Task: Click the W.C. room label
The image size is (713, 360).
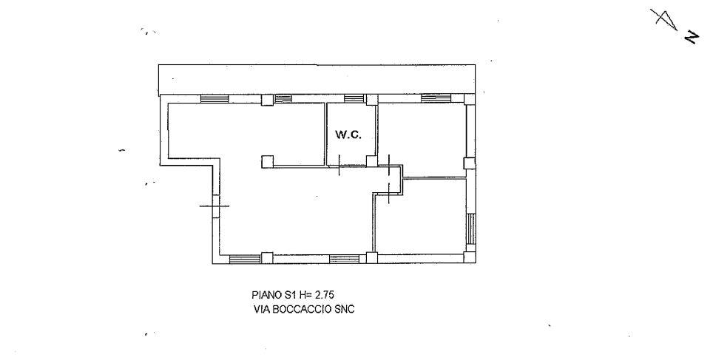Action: pyautogui.click(x=348, y=135)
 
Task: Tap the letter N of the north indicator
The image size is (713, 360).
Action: pyautogui.click(x=692, y=38)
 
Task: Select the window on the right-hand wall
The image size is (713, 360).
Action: pyautogui.click(x=471, y=229)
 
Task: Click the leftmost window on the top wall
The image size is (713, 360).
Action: pyautogui.click(x=214, y=99)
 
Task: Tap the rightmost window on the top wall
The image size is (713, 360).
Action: pyautogui.click(x=436, y=98)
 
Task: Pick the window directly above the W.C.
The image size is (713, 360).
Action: pyautogui.click(x=354, y=98)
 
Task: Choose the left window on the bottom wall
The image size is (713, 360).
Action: pyautogui.click(x=245, y=259)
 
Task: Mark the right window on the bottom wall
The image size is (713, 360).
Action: pyautogui.click(x=344, y=259)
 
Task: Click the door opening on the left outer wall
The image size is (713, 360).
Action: pyautogui.click(x=215, y=206)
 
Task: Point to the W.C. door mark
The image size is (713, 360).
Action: pyautogui.click(x=339, y=166)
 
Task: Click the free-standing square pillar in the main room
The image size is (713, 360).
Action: pyautogui.click(x=268, y=161)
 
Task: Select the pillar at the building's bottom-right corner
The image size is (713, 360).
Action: pyautogui.click(x=470, y=258)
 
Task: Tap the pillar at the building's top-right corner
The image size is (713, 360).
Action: pyautogui.click(x=470, y=99)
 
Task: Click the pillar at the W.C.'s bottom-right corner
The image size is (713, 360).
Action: pyautogui.click(x=372, y=160)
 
